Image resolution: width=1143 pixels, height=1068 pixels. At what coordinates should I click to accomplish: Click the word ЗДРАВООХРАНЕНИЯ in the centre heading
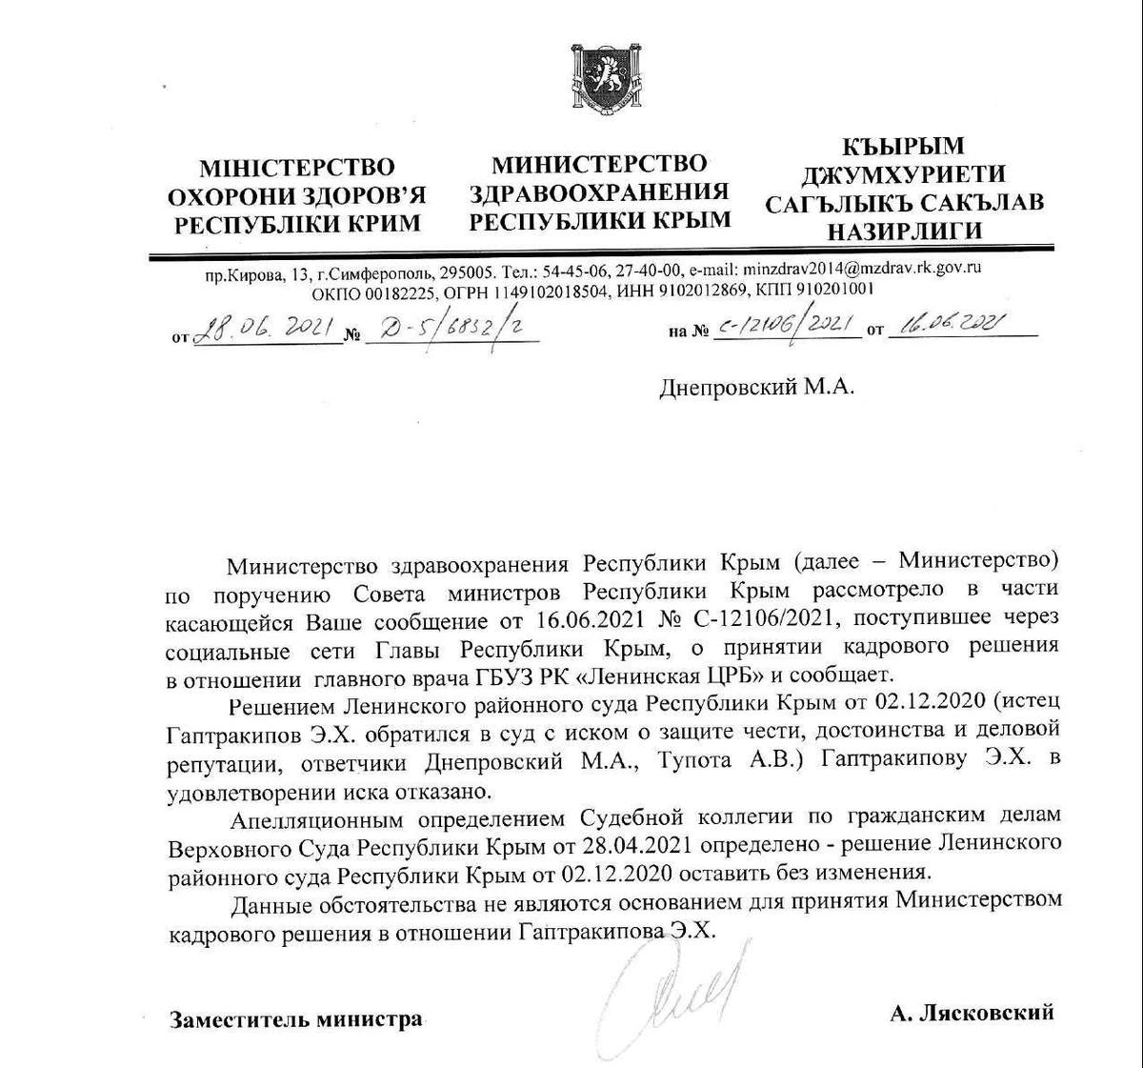[599, 191]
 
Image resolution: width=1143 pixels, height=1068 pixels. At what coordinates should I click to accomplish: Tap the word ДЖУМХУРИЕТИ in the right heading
[903, 174]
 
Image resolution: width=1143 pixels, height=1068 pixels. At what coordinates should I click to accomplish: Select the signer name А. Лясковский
[972, 1012]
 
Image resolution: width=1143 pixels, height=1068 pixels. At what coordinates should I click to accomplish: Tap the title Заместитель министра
[295, 1019]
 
